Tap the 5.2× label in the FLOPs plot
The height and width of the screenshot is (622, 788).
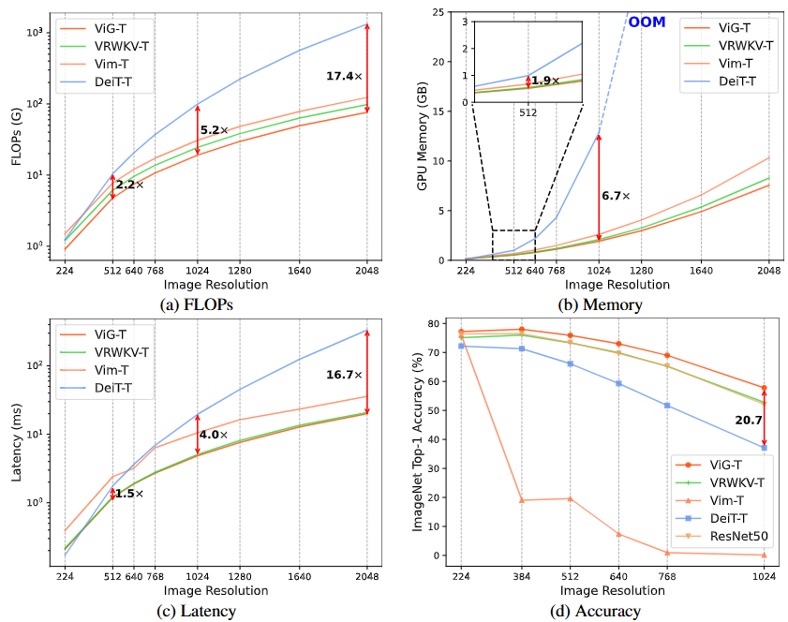(215, 130)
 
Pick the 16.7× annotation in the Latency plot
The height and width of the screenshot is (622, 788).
(343, 374)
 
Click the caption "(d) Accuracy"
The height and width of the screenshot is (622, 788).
(600, 611)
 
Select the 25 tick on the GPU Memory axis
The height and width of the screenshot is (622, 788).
(439, 11)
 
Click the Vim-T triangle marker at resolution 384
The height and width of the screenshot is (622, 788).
(522, 500)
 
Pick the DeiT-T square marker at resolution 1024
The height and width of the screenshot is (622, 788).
(764, 448)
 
